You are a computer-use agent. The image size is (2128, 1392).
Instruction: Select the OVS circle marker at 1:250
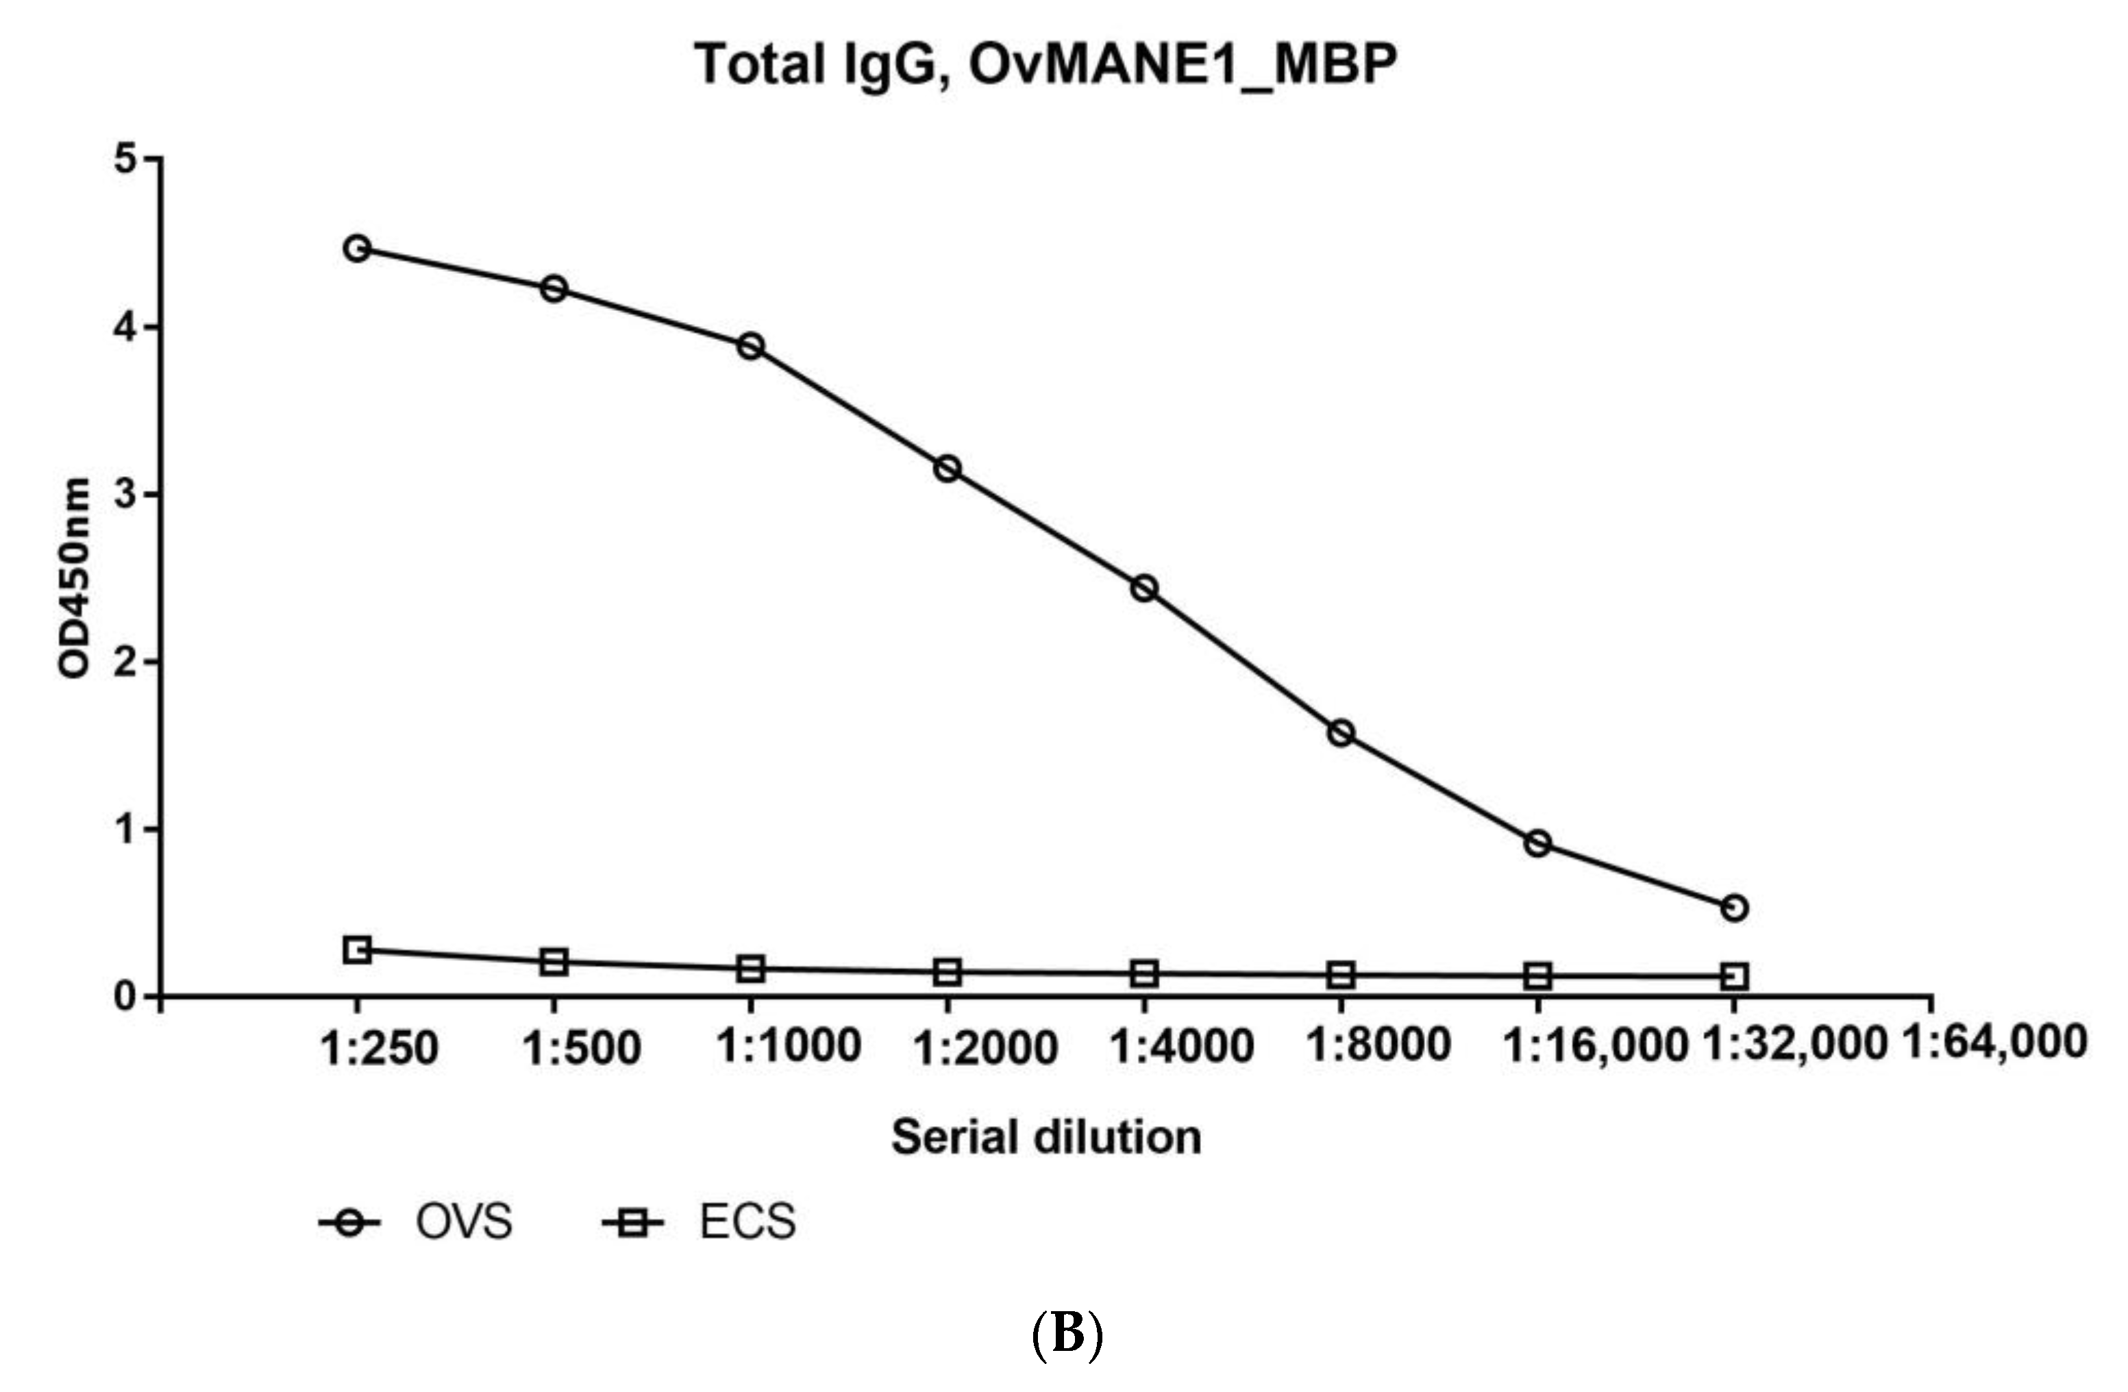[x=357, y=248]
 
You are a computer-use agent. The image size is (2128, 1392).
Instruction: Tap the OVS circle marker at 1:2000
[x=947, y=468]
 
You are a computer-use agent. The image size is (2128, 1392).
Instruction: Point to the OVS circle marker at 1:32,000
[x=1733, y=908]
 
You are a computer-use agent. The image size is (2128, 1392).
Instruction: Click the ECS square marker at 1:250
[x=357, y=949]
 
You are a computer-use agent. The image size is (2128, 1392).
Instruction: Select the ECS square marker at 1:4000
[x=1144, y=973]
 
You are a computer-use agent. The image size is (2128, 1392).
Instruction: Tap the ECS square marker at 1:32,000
[x=1733, y=976]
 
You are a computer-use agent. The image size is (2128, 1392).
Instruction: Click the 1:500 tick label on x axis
[x=581, y=1047]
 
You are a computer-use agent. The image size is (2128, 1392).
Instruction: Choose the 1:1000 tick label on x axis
[x=789, y=1045]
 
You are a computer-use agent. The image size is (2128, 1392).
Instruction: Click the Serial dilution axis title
[x=1046, y=1137]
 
